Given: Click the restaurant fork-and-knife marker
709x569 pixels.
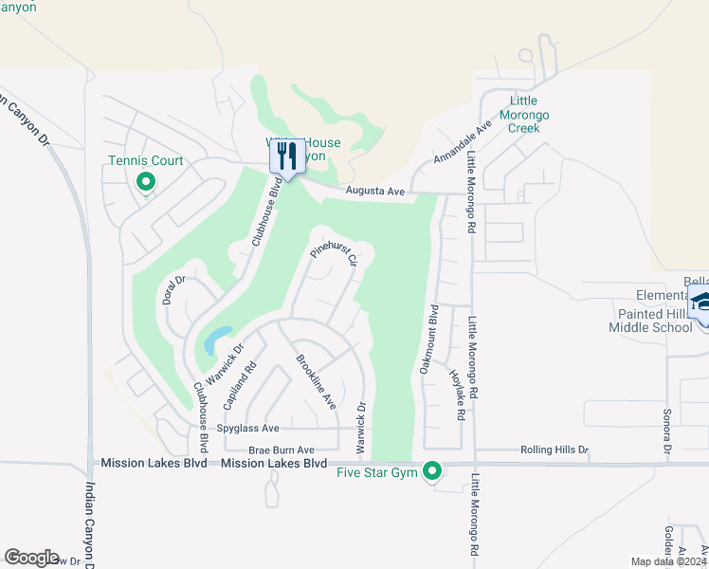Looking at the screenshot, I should point(287,156).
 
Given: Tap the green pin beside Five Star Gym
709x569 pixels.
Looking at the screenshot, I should point(433,469).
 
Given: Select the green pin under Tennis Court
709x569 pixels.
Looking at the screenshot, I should point(146,181).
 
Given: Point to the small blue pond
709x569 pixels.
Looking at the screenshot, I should point(216,338).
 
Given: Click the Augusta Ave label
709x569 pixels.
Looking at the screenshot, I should point(375,192).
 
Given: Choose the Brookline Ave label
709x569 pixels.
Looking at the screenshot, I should point(316,381).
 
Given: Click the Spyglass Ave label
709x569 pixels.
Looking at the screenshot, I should point(247,429).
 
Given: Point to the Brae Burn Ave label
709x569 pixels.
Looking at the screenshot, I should point(282,450).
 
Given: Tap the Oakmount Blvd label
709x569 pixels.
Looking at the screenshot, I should point(427,339).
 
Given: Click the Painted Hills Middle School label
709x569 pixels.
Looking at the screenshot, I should point(650,321).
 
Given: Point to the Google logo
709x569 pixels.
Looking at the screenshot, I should point(31,557).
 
